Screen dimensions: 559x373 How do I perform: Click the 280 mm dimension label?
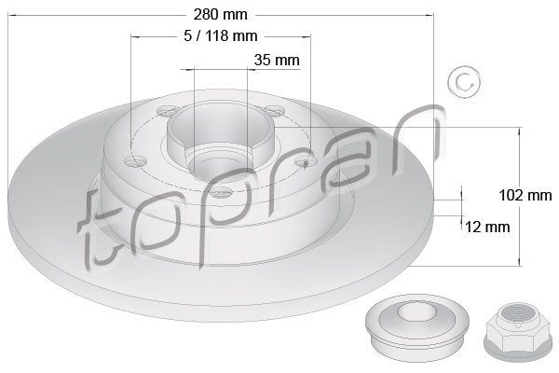220,15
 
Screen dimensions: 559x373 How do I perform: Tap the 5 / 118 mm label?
221,35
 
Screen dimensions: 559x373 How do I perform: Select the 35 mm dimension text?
277,60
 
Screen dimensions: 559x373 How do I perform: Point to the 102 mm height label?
525,195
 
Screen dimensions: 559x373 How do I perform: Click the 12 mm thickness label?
487,227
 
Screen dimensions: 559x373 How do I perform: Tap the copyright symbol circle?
464,82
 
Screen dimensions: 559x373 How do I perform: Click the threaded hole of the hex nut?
516,315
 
